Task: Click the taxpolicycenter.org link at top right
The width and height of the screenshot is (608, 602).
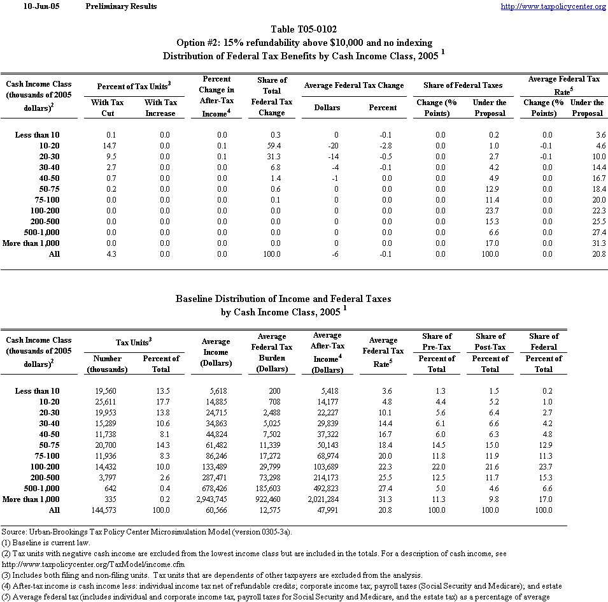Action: click(x=553, y=6)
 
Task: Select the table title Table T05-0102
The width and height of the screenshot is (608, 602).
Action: click(x=304, y=29)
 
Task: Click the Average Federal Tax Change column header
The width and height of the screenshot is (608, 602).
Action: click(x=354, y=85)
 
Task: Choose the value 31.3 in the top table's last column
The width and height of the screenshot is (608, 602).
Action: click(x=596, y=243)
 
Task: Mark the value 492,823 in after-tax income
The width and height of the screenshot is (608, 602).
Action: click(x=329, y=489)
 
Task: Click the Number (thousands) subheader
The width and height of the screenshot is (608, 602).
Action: click(x=107, y=364)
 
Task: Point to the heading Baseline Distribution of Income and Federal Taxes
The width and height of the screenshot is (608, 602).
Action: click(x=283, y=298)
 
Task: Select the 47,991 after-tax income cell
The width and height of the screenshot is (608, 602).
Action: click(x=330, y=510)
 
